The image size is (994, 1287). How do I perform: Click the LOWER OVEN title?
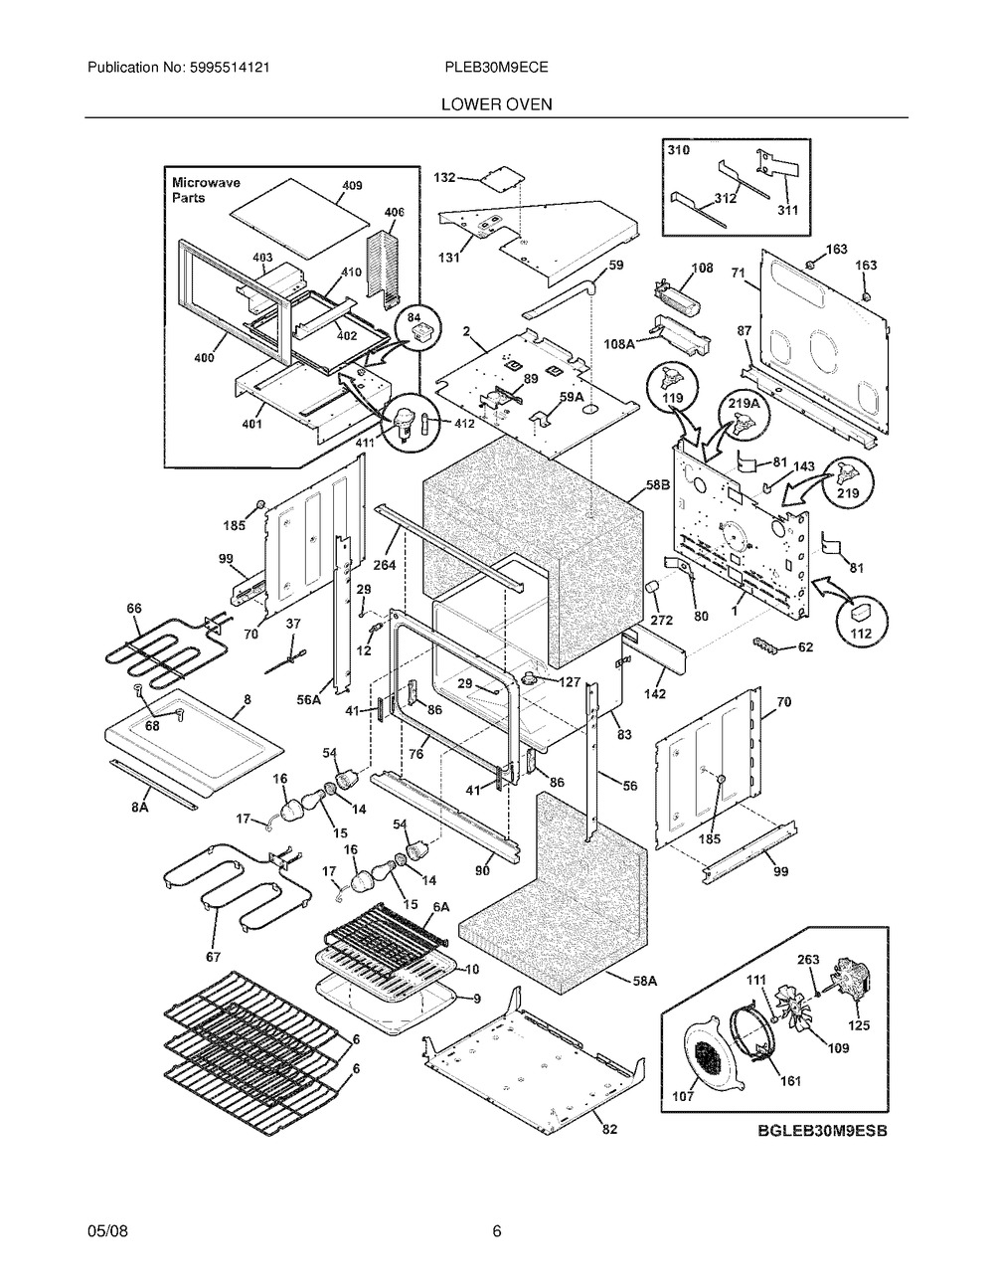click(497, 103)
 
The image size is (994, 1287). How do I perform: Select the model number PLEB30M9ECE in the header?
click(497, 68)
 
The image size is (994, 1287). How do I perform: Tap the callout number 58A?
click(644, 980)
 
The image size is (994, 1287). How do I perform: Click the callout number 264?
click(385, 566)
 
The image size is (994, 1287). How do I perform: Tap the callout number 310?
click(679, 149)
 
